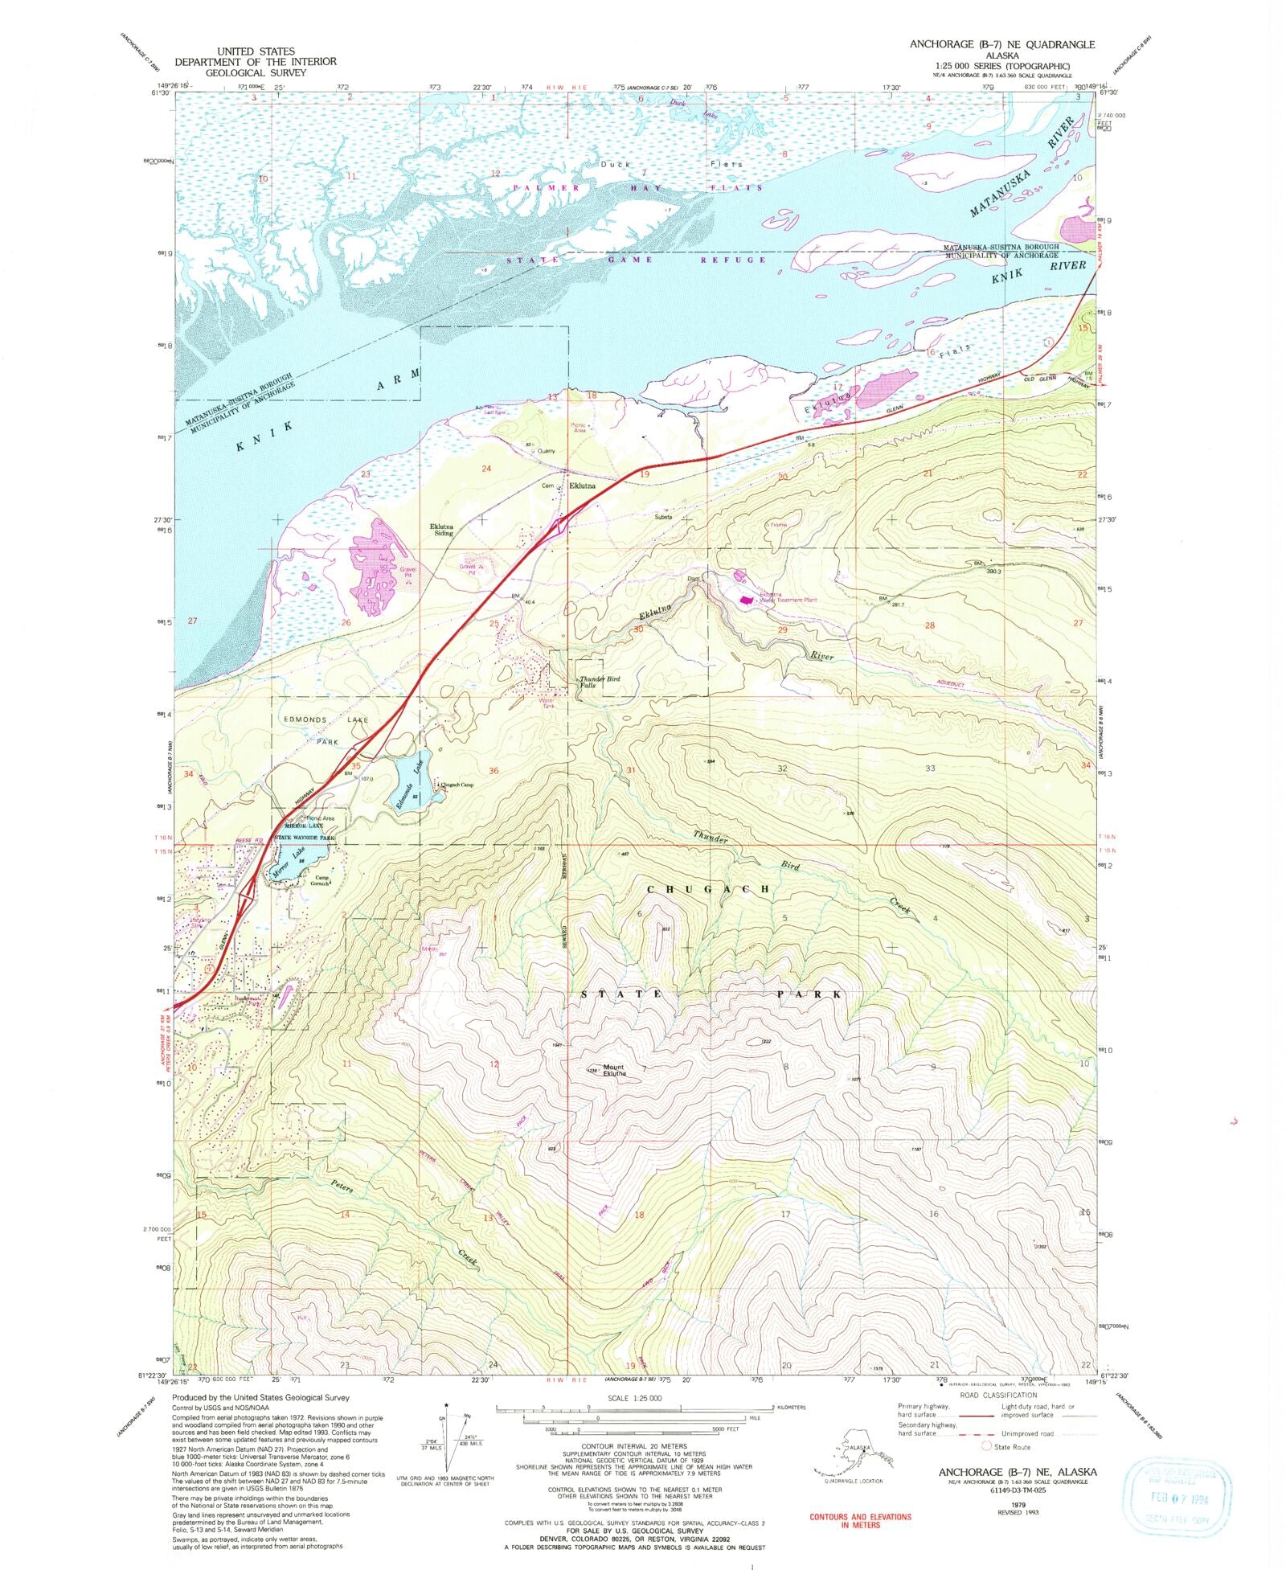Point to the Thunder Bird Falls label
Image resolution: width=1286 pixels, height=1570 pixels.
[600, 682]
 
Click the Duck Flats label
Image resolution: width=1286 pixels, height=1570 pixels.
[670, 164]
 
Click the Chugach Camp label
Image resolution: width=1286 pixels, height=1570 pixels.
[455, 785]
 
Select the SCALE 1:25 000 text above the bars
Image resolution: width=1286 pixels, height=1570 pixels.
[634, 1398]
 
